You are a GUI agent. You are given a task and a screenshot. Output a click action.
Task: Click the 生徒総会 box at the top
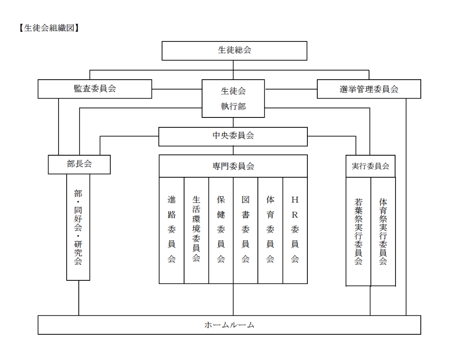point(234,51)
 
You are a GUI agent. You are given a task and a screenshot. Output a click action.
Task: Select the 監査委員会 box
point(94,89)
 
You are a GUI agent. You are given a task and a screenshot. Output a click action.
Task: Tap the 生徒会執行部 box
point(233,99)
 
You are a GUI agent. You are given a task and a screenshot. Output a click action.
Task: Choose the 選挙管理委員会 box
point(369,89)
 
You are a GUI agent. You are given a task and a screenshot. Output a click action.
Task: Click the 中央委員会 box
point(233,137)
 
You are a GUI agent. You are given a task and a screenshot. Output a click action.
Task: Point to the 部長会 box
point(79,165)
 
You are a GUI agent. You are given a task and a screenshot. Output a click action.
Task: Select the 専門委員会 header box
point(233,166)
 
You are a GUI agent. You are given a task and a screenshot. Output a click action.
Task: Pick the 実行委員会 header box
point(370,166)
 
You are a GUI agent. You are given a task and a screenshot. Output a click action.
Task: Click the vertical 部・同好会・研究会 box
point(78,227)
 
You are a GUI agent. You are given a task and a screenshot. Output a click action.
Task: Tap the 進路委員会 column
point(171,230)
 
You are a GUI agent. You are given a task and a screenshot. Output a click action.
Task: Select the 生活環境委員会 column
point(196,230)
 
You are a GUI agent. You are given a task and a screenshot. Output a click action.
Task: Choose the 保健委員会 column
point(221,230)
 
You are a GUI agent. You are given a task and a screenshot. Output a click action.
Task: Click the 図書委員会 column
point(246,230)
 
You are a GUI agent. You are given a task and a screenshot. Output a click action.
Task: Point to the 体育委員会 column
point(270,230)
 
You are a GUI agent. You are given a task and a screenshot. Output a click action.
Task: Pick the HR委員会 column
point(295,230)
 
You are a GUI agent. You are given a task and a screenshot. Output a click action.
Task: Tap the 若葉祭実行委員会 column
point(358,232)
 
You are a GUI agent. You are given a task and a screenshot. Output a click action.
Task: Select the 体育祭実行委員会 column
point(383,232)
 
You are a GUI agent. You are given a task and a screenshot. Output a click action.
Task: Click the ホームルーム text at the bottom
point(229,325)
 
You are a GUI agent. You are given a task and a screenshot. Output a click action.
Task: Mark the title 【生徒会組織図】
point(49,28)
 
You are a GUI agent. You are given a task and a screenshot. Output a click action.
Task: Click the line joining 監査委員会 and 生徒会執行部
point(177,89)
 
